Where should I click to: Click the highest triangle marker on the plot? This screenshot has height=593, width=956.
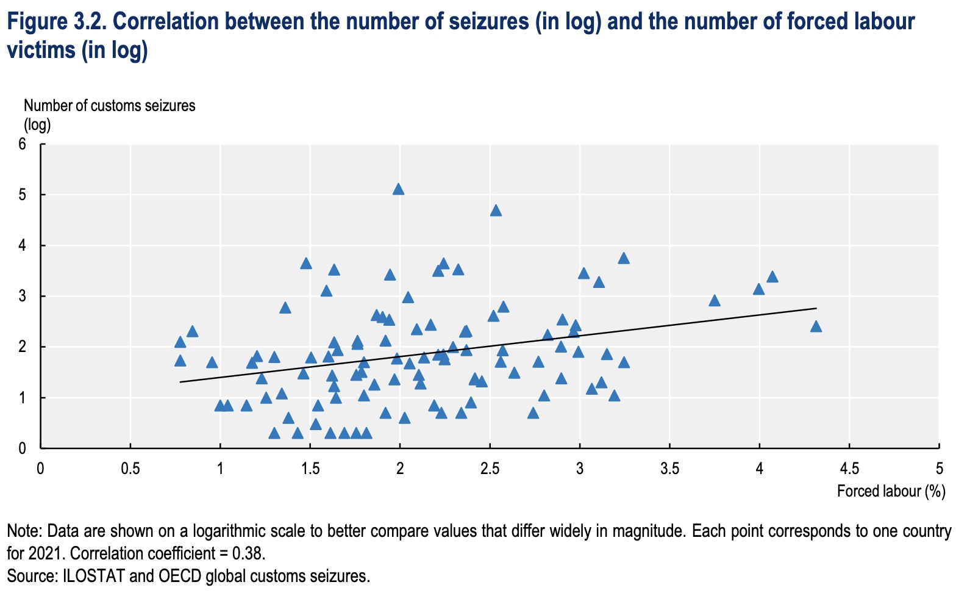pos(398,189)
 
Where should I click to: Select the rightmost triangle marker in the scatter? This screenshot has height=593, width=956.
pos(816,326)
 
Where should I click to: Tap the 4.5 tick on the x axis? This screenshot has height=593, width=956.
pos(849,468)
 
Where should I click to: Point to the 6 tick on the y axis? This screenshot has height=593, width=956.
pos(23,144)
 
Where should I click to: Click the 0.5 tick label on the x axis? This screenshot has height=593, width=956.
pos(130,468)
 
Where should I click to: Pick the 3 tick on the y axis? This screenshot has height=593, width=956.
pos(23,296)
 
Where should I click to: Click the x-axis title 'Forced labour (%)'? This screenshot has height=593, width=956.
pos(891,491)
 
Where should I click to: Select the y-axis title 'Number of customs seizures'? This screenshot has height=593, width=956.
pos(110,106)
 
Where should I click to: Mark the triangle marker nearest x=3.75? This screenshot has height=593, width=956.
pos(715,301)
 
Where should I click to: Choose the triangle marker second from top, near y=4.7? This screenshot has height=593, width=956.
pos(496,210)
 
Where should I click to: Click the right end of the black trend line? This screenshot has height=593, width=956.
pos(816,308)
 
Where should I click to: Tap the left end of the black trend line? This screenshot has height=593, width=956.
pos(180,382)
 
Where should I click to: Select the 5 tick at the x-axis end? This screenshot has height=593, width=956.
pos(939,468)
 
